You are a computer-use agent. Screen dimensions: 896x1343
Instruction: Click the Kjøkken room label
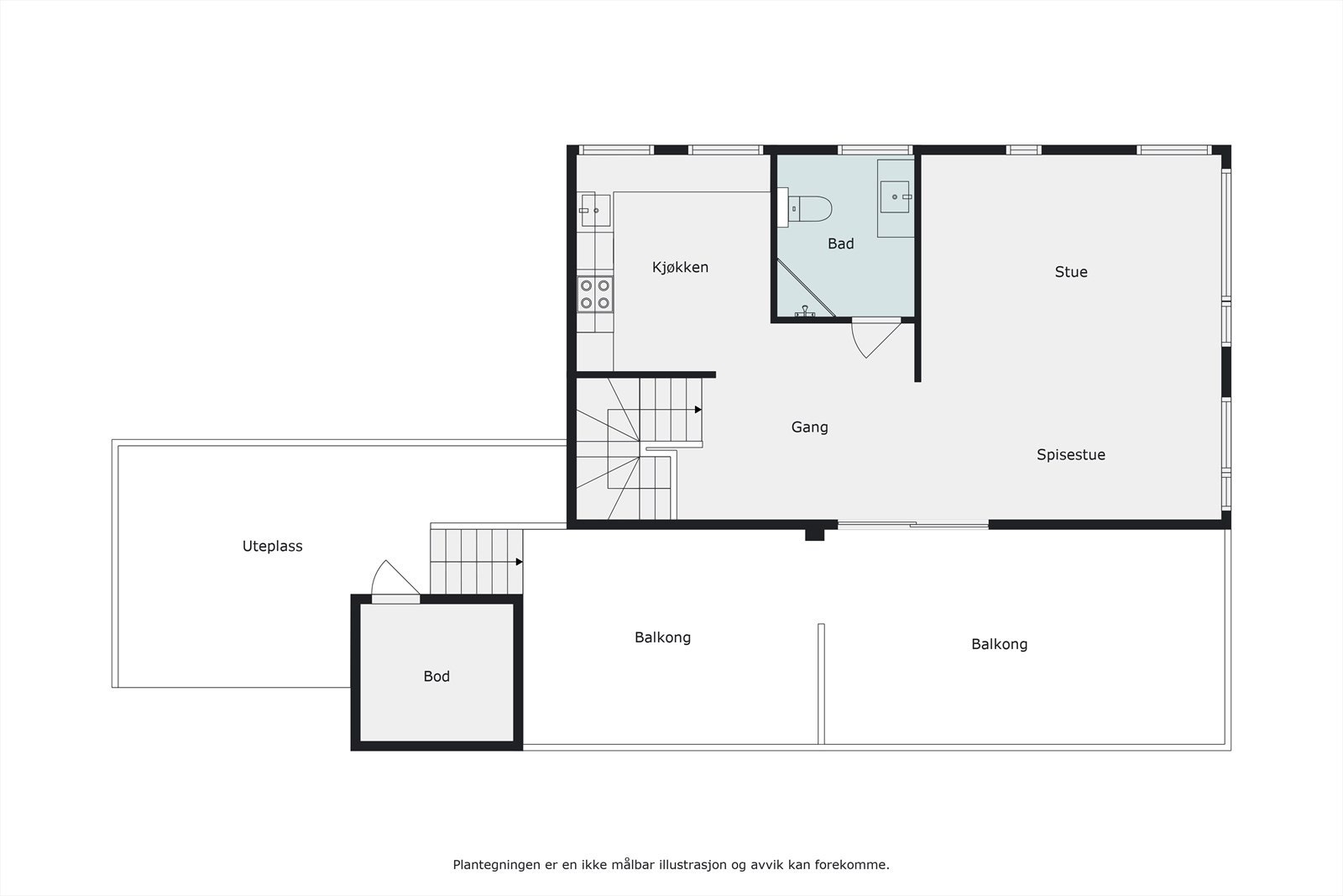pyautogui.click(x=680, y=267)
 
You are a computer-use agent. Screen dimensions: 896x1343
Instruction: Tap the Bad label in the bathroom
pyautogui.click(x=840, y=244)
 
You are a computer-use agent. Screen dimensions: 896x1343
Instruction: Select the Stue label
pyautogui.click(x=1070, y=271)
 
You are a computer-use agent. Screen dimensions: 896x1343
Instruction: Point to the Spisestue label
pyautogui.click(x=1070, y=454)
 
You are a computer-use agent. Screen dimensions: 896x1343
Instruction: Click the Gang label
pyautogui.click(x=809, y=427)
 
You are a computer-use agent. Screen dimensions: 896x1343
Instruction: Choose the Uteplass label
pyautogui.click(x=272, y=546)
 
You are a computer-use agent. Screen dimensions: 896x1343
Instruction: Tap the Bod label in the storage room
pyautogui.click(x=436, y=676)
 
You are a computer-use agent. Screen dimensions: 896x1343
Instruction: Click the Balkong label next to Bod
pyautogui.click(x=662, y=637)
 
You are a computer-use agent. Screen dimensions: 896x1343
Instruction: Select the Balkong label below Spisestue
pyautogui.click(x=999, y=644)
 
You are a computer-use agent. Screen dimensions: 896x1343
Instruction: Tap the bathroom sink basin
pyautogui.click(x=896, y=197)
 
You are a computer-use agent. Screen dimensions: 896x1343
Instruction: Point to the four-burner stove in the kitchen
pyautogui.click(x=594, y=294)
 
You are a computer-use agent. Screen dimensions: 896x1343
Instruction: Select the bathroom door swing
pyautogui.click(x=873, y=338)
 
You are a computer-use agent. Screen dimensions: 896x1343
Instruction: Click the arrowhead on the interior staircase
pyautogui.click(x=698, y=410)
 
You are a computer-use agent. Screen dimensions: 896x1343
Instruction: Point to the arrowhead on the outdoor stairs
pyautogui.click(x=520, y=562)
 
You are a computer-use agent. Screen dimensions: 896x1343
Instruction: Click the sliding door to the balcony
pyautogui.click(x=913, y=526)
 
